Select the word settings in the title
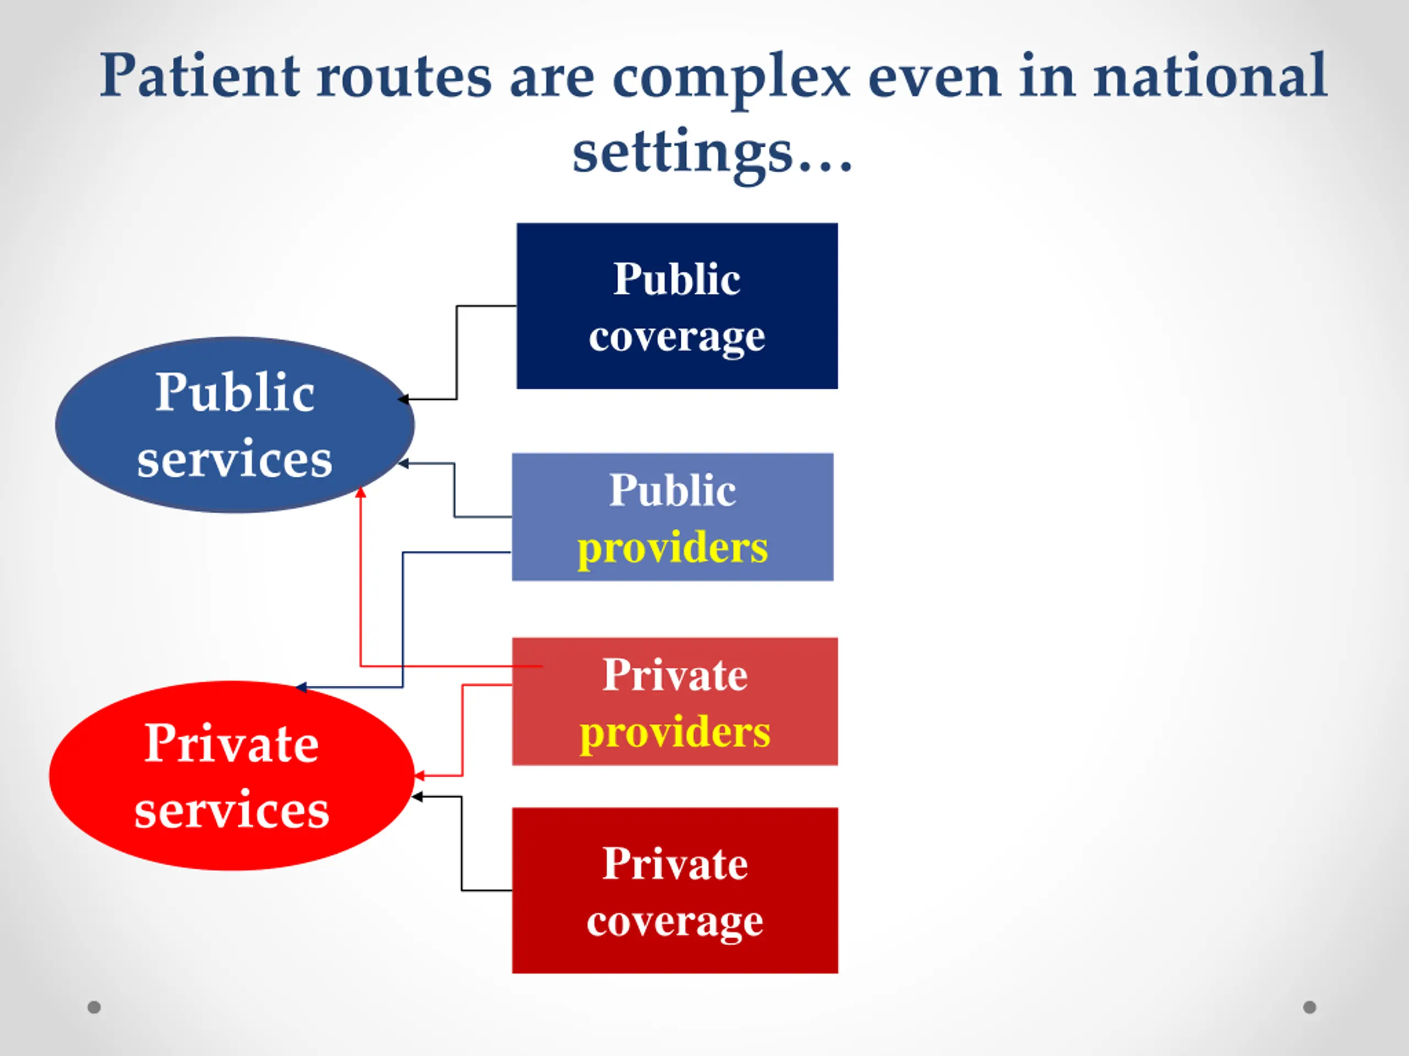point(682,153)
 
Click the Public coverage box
point(677,306)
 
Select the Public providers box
point(673,517)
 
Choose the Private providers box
point(675,701)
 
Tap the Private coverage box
point(675,890)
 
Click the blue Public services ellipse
point(234,425)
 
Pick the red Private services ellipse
point(231,776)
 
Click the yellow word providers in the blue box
point(673,547)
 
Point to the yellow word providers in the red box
point(675,732)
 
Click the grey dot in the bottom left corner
point(94,1007)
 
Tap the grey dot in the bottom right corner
point(1309,1007)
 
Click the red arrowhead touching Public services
point(361,492)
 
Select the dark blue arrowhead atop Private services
point(301,687)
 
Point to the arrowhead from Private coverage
point(417,797)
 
